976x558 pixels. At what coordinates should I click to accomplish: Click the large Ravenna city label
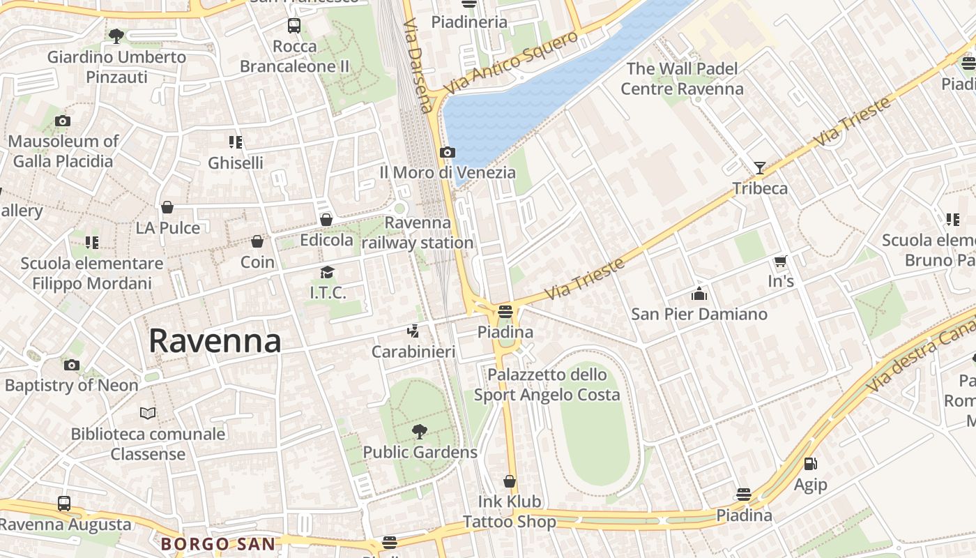pyautogui.click(x=215, y=341)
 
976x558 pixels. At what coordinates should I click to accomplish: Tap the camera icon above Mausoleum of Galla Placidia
pyautogui.click(x=63, y=121)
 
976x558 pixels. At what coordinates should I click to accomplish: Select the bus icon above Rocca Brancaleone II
pyautogui.click(x=294, y=26)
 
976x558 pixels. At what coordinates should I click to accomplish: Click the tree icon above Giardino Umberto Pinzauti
pyautogui.click(x=116, y=36)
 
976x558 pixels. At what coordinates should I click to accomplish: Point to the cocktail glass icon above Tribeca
pyautogui.click(x=760, y=167)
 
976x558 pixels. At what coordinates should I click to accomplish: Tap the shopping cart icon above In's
pyautogui.click(x=780, y=262)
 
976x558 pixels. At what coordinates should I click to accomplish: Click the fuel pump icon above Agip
pyautogui.click(x=810, y=464)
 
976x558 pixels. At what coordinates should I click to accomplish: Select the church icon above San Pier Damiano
pyautogui.click(x=699, y=294)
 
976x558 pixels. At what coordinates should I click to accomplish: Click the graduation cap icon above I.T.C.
pyautogui.click(x=328, y=273)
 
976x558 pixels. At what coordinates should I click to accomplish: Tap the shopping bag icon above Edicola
pyautogui.click(x=326, y=220)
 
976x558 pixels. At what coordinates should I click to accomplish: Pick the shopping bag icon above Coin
pyautogui.click(x=257, y=241)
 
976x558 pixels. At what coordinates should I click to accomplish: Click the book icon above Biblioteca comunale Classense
pyautogui.click(x=148, y=413)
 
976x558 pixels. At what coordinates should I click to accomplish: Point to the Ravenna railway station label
pyautogui.click(x=418, y=233)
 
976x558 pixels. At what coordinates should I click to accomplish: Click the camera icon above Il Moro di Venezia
pyautogui.click(x=448, y=152)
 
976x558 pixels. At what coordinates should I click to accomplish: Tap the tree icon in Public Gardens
pyautogui.click(x=420, y=432)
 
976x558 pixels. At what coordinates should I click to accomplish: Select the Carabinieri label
pyautogui.click(x=413, y=352)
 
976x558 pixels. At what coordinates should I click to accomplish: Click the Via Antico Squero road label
pyautogui.click(x=511, y=63)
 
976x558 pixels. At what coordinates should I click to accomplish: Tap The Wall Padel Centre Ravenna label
pyautogui.click(x=682, y=79)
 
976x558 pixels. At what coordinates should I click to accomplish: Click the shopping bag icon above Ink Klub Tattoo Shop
pyautogui.click(x=510, y=481)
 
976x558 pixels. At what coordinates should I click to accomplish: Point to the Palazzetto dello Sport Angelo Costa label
pyautogui.click(x=547, y=385)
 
